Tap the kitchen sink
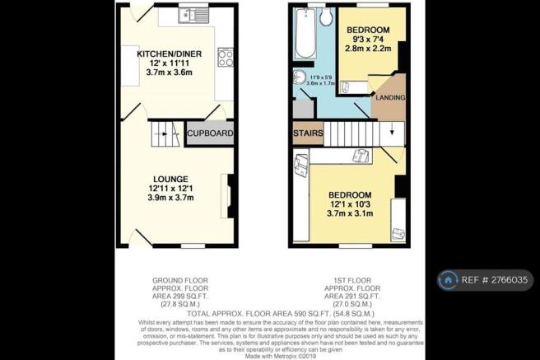[x=197, y=14]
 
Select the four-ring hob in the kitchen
[x=225, y=57]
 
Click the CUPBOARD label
[x=211, y=133]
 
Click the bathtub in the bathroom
[x=305, y=34]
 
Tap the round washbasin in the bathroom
[x=300, y=78]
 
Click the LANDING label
[x=390, y=98]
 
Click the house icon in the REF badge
[x=449, y=280]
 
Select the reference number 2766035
[x=509, y=280]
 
